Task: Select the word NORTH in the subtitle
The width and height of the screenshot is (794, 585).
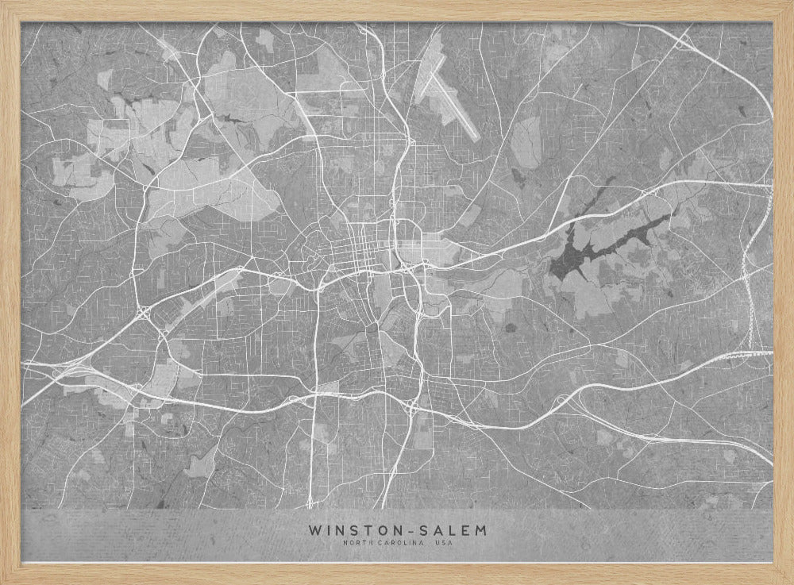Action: click(x=357, y=543)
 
